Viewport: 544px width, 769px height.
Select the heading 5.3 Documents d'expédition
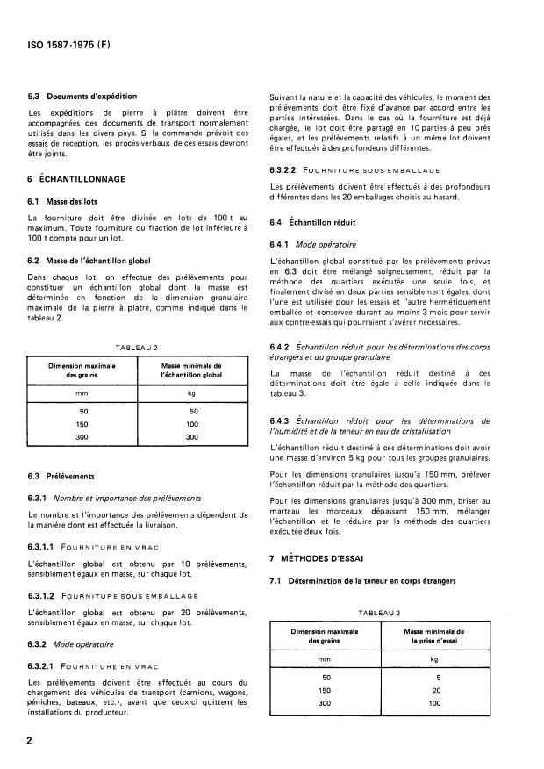click(x=82, y=96)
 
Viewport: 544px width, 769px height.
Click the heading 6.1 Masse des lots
click(x=67, y=200)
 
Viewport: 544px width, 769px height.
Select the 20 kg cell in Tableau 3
click(x=436, y=689)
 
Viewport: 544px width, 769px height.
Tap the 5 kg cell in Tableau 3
click(x=436, y=677)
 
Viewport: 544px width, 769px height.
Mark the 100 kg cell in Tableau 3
click(x=436, y=702)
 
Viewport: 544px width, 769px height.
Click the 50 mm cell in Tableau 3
click(x=326, y=677)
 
